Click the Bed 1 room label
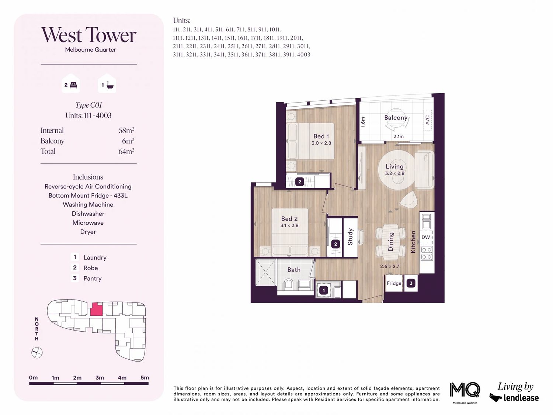321,136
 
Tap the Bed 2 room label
289,219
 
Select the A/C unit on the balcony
427,120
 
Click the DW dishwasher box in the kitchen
426,237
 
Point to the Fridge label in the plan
394,283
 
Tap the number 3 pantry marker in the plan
411,283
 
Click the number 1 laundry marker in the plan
324,290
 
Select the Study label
350,236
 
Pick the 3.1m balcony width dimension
399,136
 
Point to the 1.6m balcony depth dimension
363,122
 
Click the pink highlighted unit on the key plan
97,309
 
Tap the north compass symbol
37,353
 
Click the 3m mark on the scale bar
100,377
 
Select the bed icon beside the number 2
73,85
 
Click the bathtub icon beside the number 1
110,85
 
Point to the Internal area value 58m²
126,130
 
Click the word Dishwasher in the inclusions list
88,214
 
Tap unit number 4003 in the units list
303,55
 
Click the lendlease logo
514,398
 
